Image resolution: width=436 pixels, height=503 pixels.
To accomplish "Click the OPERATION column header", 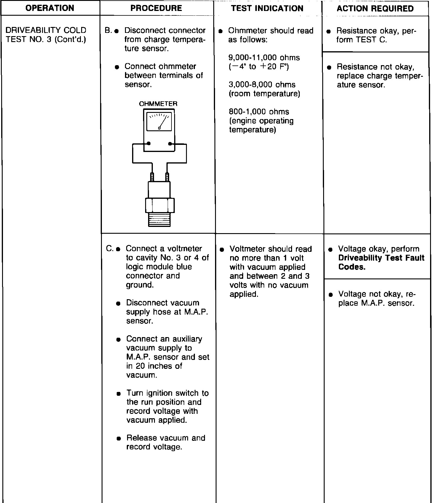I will coord(50,8).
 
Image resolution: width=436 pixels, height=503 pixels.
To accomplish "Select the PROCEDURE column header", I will coord(156,8).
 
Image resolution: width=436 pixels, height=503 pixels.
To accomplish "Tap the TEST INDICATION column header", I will coord(267,8).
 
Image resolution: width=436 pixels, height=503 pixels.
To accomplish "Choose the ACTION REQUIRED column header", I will coord(375,9).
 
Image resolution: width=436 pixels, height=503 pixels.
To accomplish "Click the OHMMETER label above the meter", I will coord(158,104).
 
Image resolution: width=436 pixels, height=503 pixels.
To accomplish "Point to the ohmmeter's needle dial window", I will coord(159,121).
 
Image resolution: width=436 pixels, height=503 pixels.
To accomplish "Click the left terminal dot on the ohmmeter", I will coord(149,144).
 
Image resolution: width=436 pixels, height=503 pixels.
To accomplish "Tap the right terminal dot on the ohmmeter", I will coord(170,144).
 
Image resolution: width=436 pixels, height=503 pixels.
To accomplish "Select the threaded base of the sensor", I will coord(159,220).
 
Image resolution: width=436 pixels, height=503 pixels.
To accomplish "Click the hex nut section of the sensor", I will coord(160,205).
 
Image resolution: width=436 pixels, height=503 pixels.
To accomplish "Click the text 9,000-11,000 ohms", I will coord(264,58).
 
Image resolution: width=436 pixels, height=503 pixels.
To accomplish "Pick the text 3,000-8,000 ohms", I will coord(262,85).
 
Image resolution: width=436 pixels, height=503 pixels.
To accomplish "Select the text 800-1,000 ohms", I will coord(259,112).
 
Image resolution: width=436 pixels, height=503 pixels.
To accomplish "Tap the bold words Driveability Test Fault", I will coord(381,258).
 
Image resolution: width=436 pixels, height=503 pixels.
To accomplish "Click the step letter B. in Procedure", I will coord(108,31).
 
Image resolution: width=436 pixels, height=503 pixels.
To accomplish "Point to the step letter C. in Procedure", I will coord(110,249).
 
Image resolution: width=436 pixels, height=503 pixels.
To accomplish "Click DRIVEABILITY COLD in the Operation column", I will coord(46,30).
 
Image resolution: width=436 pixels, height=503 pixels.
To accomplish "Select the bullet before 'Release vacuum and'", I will coord(119,438).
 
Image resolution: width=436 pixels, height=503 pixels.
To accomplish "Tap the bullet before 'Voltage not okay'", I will coord(331,294).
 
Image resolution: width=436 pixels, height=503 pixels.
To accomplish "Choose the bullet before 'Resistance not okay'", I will coord(329,67).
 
